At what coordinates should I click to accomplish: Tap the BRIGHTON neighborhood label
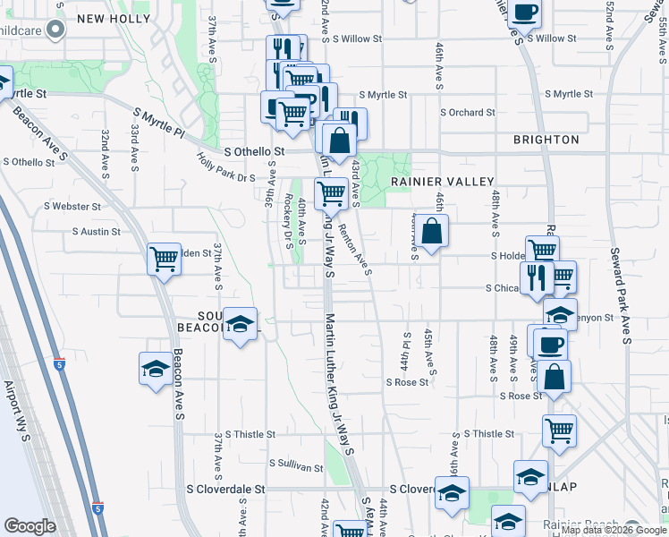point(546,140)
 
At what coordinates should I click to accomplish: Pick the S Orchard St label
point(467,113)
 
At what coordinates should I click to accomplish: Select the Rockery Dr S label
point(288,218)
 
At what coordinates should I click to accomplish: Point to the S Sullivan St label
point(295,466)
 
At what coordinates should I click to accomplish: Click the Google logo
point(30,526)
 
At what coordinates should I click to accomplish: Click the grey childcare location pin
point(55,30)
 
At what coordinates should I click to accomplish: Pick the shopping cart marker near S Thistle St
point(559,430)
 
